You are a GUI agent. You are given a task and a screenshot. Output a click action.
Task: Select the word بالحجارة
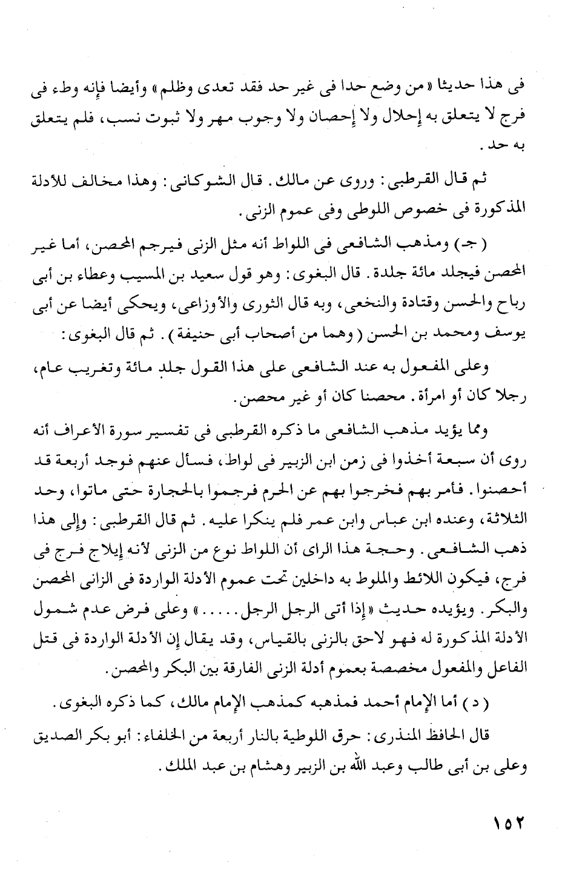tap(176, 489)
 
